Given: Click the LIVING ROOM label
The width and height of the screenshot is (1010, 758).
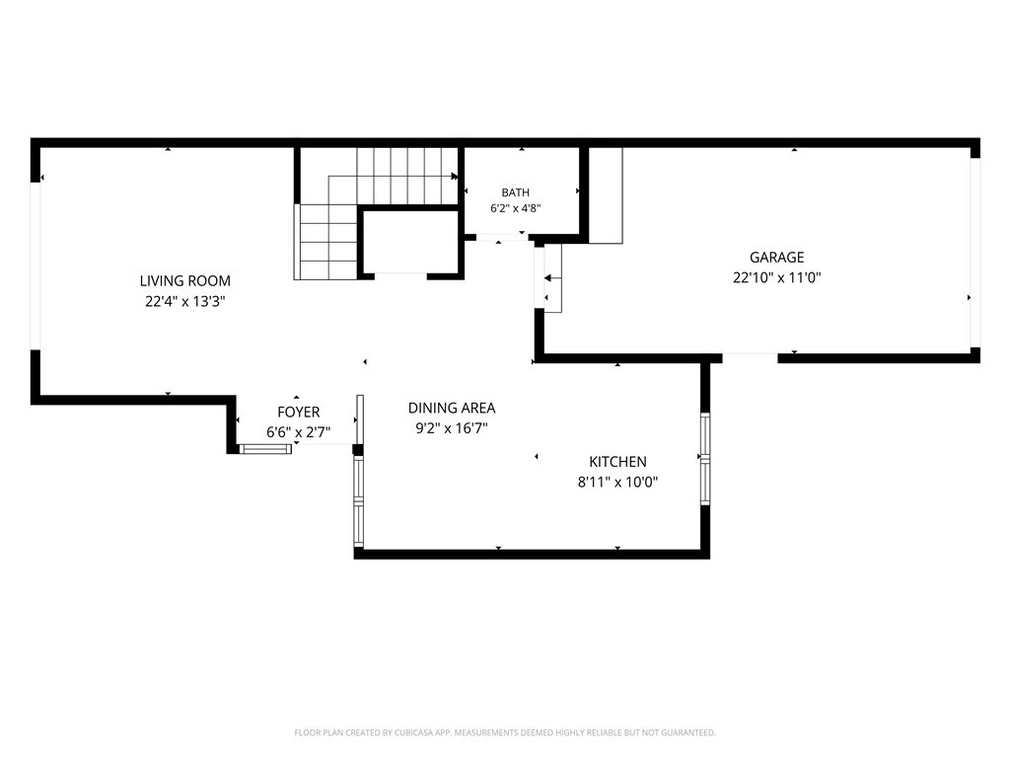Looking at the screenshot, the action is tap(184, 281).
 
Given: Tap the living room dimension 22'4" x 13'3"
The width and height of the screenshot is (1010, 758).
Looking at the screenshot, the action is tap(184, 301).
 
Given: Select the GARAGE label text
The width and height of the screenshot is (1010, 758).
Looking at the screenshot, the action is tap(777, 258).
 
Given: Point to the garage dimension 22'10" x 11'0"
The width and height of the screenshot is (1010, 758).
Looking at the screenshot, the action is tap(777, 277).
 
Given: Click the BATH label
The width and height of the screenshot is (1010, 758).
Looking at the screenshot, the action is tap(515, 192).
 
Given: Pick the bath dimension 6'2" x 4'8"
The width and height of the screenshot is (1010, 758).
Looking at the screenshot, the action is tap(515, 208).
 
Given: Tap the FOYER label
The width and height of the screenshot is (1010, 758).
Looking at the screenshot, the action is tap(298, 412).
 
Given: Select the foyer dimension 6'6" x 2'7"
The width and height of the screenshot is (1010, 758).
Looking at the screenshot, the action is tap(298, 432).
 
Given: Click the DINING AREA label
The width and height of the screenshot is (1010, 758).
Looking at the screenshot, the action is tap(452, 408).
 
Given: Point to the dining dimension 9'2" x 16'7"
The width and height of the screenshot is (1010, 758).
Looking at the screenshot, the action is tap(452, 428).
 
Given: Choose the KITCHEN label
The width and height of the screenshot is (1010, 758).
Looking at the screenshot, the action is tap(617, 462).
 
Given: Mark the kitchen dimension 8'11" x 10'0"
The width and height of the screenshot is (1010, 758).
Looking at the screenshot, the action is tap(617, 482).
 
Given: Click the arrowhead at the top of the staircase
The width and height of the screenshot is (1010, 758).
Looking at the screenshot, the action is tap(455, 176).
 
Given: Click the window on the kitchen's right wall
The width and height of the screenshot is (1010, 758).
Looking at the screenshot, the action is tap(705, 458).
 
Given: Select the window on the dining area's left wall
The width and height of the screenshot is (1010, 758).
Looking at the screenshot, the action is tap(359, 501).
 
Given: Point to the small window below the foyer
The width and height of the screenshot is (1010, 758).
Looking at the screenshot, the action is tap(265, 449).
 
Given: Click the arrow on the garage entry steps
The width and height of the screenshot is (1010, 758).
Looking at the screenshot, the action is tap(552, 278).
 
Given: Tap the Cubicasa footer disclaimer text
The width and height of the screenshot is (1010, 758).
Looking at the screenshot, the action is tap(505, 733).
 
